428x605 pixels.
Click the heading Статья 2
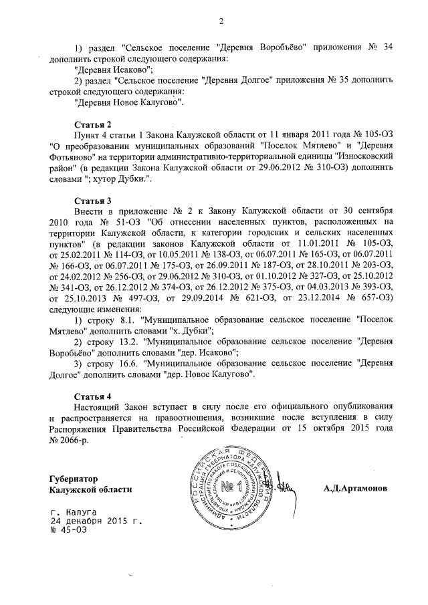click(x=91, y=124)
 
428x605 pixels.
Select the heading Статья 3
click(x=91, y=200)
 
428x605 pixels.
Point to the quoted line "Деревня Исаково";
click(x=114, y=70)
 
